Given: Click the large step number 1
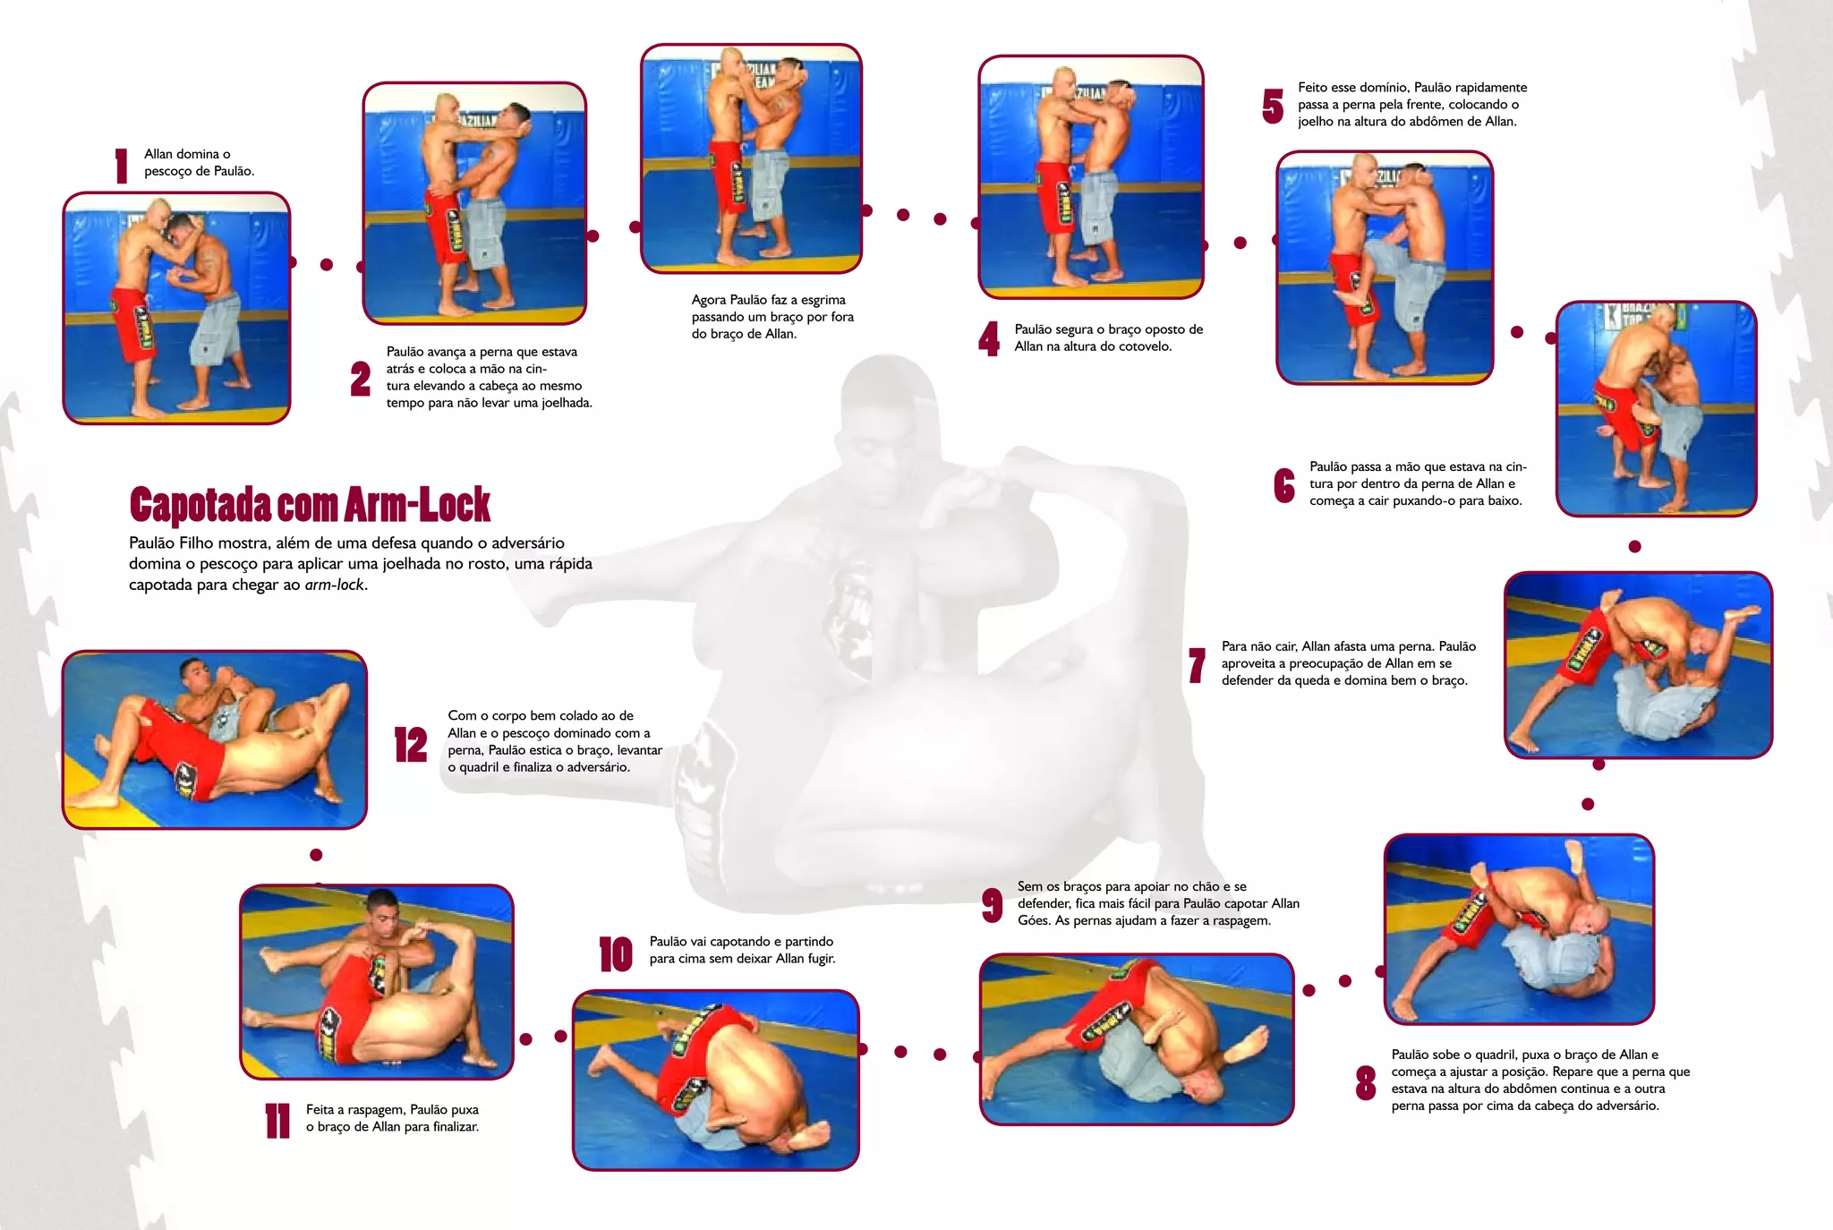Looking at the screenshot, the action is pyautogui.click(x=122, y=166).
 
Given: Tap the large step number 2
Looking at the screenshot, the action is pyautogui.click(x=361, y=379).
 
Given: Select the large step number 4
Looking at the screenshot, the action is pyautogui.click(x=989, y=338).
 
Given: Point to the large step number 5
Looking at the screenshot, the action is pyautogui.click(x=1273, y=107).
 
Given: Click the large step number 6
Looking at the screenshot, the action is pyautogui.click(x=1284, y=485).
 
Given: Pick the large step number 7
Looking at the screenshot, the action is pyautogui.click(x=1197, y=665).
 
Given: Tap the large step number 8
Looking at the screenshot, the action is pyautogui.click(x=1366, y=1082).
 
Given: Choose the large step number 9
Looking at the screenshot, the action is pyautogui.click(x=992, y=905).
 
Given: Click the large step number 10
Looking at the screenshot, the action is pyautogui.click(x=616, y=954).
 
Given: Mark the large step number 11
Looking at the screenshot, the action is pyautogui.click(x=278, y=1121).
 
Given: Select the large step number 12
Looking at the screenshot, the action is pyautogui.click(x=411, y=744).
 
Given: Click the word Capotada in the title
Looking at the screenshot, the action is pyautogui.click(x=200, y=505).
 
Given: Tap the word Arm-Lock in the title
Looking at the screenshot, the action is pyautogui.click(x=417, y=505).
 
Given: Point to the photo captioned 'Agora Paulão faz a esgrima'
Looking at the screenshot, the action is pyautogui.click(x=752, y=158).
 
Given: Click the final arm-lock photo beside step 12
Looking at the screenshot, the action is pyautogui.click(x=215, y=739).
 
